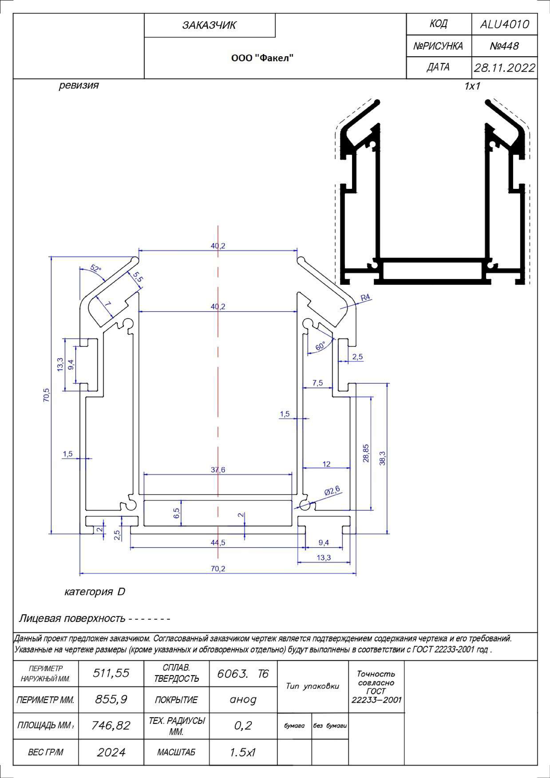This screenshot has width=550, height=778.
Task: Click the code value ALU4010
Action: point(504,24)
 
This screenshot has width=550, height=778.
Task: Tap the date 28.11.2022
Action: point(504,68)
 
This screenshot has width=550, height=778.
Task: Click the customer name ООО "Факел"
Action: point(262,58)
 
